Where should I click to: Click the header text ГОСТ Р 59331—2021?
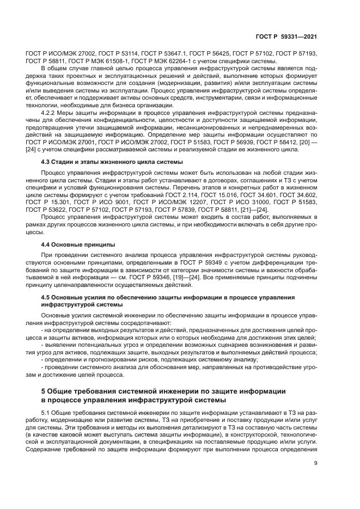[286, 36]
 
